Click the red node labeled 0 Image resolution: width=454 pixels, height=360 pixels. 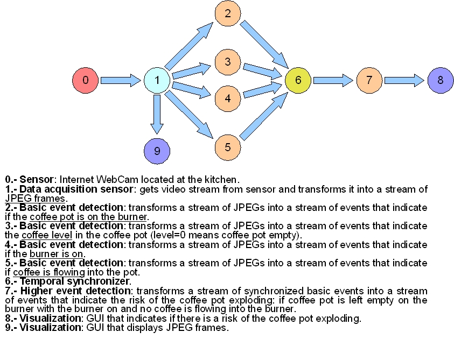tap(86, 81)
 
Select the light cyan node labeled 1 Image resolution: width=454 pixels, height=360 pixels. tap(157, 81)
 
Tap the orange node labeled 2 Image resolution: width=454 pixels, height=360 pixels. tap(228, 13)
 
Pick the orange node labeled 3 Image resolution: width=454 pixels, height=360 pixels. tap(228, 61)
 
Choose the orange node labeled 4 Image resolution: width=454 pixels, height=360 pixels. tap(228, 98)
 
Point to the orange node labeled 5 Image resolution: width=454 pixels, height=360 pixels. tap(228, 146)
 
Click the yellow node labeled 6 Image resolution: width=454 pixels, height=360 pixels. tap(298, 81)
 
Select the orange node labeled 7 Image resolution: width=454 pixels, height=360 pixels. tap(369, 81)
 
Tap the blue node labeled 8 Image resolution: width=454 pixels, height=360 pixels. tap(441, 81)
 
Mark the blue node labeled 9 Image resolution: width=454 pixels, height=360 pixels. tap(157, 151)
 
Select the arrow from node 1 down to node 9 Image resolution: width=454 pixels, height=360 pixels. tap(157, 114)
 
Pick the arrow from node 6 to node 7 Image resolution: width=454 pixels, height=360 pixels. tap(333, 81)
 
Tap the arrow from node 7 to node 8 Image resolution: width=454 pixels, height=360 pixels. tap(404, 81)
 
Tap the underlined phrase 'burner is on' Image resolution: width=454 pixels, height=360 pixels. tap(57, 254)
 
